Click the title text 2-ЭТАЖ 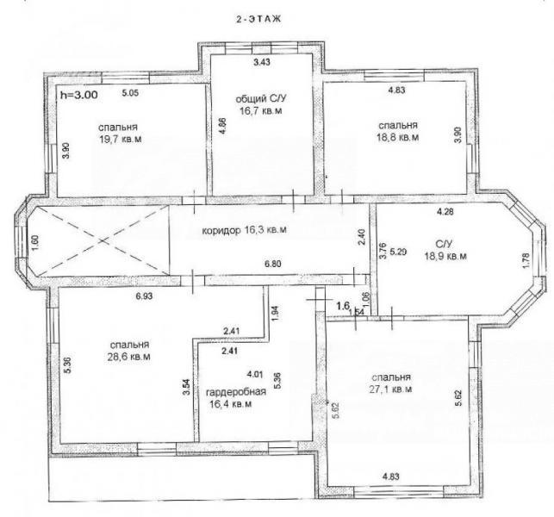(x=258, y=20)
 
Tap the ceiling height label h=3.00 (x=79, y=95)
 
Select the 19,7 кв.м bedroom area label (x=121, y=139)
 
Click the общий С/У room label (x=256, y=99)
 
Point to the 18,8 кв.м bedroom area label (x=398, y=137)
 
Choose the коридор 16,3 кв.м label (x=244, y=230)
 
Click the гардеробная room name (x=236, y=392)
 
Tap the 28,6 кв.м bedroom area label (x=128, y=357)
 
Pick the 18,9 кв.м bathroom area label (x=445, y=256)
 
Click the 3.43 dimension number (x=262, y=62)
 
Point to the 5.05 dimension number (x=130, y=93)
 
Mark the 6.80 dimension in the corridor (x=272, y=264)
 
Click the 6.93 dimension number (x=144, y=296)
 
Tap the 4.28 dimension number (x=445, y=212)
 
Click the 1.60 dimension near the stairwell (x=35, y=244)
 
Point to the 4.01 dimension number (x=254, y=374)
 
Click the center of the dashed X (x=103, y=240)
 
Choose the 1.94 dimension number (x=277, y=313)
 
